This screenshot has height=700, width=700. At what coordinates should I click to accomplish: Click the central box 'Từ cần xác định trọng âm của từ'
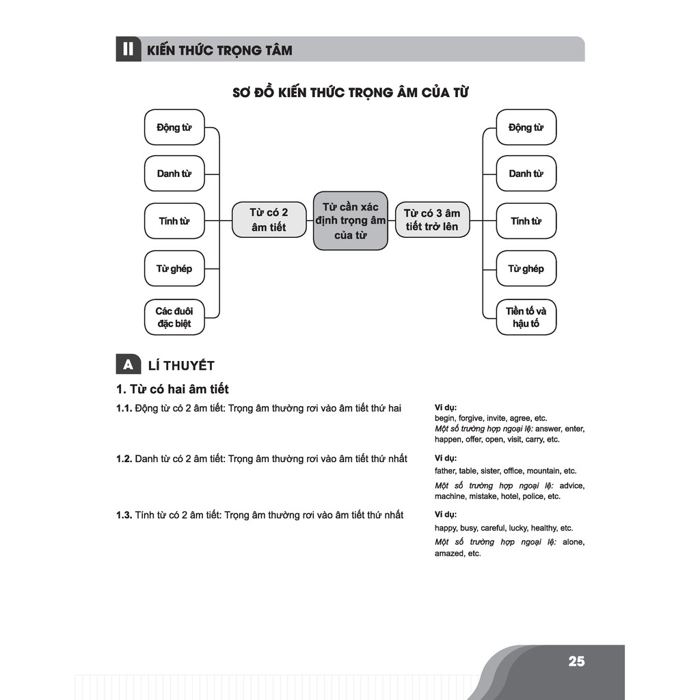(351, 220)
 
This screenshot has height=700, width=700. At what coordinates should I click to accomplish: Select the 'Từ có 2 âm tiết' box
(269, 220)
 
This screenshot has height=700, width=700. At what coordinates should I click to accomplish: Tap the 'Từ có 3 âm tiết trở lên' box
(432, 220)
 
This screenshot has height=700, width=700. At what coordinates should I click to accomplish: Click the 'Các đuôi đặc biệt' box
(174, 317)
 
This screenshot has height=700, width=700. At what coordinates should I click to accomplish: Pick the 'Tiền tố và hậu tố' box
(526, 317)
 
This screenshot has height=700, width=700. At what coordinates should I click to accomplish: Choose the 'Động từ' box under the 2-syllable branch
(174, 127)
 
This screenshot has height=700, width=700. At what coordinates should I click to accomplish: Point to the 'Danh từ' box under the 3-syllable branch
(526, 174)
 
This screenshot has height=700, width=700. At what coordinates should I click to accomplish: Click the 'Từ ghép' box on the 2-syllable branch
(174, 269)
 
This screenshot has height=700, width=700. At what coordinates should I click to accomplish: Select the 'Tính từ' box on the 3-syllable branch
(526, 221)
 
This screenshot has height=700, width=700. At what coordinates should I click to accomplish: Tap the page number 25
(576, 661)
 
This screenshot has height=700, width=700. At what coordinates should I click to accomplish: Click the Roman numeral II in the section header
(128, 50)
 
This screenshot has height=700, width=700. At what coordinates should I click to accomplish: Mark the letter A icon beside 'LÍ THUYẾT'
(128, 365)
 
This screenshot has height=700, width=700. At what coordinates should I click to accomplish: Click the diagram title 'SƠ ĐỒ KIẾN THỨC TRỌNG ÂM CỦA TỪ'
(350, 93)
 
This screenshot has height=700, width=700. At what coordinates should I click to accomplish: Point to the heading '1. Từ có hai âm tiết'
(172, 390)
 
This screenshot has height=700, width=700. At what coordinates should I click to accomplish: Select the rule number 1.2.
(124, 459)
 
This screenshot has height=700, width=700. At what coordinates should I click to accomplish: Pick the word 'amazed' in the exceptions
(448, 554)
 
